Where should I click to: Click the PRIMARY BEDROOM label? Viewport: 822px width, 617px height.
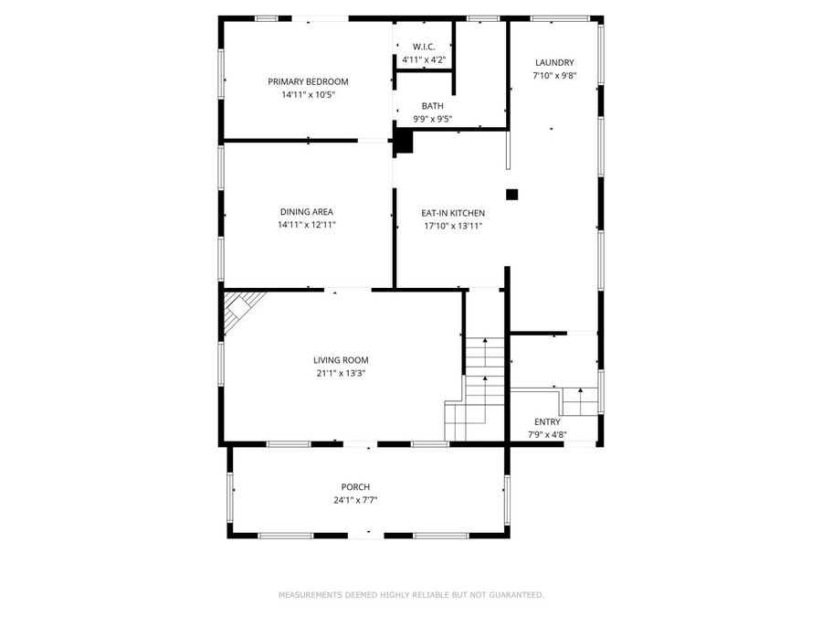[308, 81]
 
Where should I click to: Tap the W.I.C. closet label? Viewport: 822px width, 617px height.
[424, 47]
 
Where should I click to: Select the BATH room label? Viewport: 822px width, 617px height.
[432, 106]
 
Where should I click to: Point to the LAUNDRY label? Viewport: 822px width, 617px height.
[553, 62]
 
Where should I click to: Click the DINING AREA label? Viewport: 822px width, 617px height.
[307, 212]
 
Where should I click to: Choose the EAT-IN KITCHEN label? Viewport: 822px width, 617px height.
[453, 213]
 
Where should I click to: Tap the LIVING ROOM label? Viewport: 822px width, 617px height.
[341, 360]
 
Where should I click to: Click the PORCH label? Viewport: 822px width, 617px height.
[354, 486]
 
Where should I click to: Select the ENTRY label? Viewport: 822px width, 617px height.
[548, 421]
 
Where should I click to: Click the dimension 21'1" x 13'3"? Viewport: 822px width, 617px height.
[341, 373]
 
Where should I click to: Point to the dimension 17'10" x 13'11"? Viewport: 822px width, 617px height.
[451, 226]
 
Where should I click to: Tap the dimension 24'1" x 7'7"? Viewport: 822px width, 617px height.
[354, 499]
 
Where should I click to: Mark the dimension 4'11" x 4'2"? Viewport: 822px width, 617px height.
[424, 60]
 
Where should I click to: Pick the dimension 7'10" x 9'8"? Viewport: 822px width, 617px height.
[553, 76]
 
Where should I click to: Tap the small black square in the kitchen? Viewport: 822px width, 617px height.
[512, 194]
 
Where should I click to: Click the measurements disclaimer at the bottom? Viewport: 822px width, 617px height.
[411, 595]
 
